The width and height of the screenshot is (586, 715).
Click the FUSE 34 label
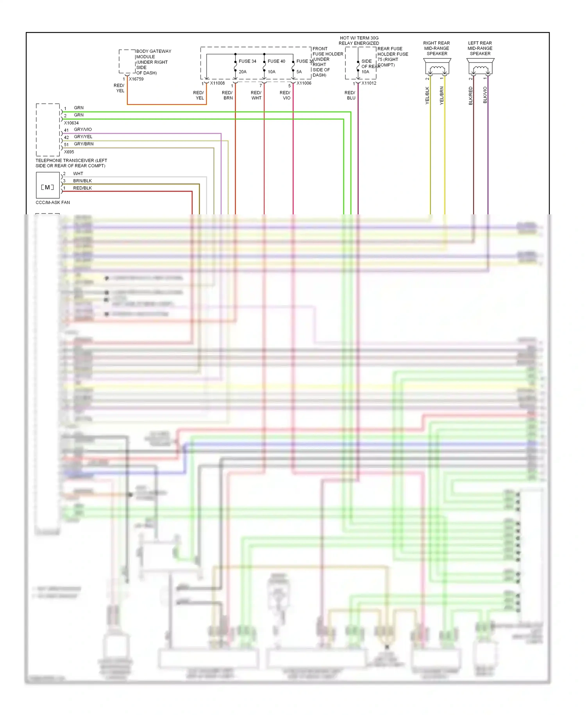click(x=247, y=61)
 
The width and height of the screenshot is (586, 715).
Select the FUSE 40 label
click(x=276, y=61)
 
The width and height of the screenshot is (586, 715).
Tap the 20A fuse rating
click(x=243, y=72)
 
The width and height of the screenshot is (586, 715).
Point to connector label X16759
click(x=136, y=79)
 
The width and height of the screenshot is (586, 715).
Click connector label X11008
click(x=217, y=83)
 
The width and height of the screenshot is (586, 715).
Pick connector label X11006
click(x=304, y=83)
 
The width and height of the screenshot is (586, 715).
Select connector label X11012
click(x=368, y=83)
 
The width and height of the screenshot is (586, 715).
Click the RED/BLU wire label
click(x=350, y=95)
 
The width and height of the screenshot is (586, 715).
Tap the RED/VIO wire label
click(x=285, y=95)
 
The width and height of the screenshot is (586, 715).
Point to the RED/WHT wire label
click(x=256, y=95)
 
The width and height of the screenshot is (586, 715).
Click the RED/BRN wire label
click(x=227, y=95)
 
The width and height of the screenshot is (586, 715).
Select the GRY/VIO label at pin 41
click(x=83, y=129)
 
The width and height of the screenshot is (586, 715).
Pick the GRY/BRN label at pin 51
click(x=84, y=144)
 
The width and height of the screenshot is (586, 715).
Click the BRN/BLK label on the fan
click(x=82, y=181)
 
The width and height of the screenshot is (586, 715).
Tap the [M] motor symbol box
click(x=48, y=187)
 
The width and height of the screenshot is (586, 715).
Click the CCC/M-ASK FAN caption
click(x=53, y=203)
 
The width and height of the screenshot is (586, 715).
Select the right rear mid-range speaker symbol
click(x=437, y=66)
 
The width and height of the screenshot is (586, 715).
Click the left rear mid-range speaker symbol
click(x=480, y=66)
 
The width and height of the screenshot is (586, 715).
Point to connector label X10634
click(x=71, y=123)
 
